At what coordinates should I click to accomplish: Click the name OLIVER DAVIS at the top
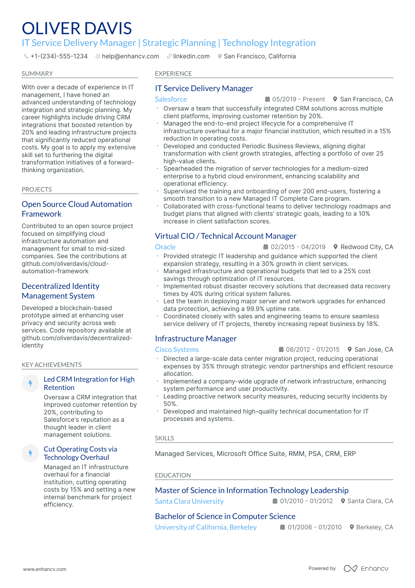(77, 28)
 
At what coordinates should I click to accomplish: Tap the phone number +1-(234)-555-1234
(59, 56)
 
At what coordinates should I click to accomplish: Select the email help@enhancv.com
(130, 56)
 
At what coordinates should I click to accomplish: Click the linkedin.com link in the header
(191, 56)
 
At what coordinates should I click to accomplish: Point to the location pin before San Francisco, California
(220, 56)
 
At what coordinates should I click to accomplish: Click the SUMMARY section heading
(37, 74)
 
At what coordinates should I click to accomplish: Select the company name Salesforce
(171, 99)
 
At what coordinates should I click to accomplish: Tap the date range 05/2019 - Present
(298, 99)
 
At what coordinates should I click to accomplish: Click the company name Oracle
(165, 247)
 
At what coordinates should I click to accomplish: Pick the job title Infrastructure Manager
(196, 339)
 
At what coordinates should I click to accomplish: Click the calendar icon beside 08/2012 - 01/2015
(281, 350)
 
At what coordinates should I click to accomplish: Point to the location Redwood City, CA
(366, 247)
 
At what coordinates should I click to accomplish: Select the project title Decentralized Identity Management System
(61, 291)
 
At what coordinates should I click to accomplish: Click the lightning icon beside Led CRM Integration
(30, 383)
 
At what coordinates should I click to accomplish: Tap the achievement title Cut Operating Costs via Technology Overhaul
(80, 453)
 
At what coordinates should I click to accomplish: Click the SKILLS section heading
(165, 438)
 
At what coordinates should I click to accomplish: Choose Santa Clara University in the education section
(189, 501)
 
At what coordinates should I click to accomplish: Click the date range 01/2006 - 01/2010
(314, 527)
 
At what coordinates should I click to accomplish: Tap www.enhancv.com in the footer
(45, 569)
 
